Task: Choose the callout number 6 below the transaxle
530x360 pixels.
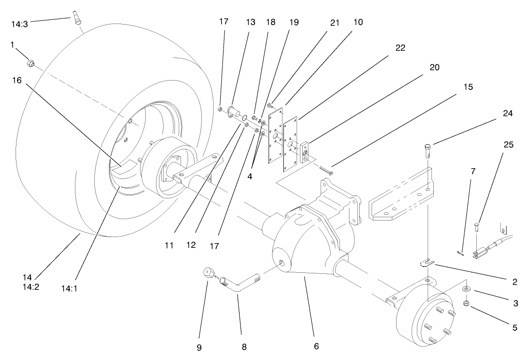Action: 316,346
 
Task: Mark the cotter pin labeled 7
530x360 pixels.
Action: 461,254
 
